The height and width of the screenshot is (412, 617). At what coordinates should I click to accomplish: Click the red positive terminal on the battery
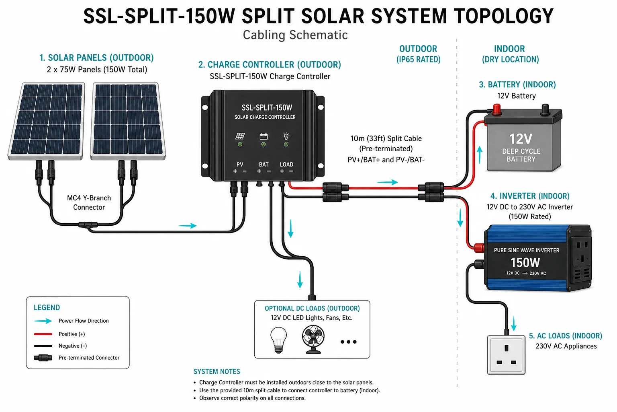pyautogui.click(x=496, y=109)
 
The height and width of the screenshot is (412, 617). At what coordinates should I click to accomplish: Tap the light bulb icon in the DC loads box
pyautogui.click(x=278, y=340)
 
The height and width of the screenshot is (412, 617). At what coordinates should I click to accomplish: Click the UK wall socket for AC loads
pyautogui.click(x=506, y=354)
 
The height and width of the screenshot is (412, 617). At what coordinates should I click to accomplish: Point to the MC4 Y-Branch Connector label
pyautogui.click(x=89, y=202)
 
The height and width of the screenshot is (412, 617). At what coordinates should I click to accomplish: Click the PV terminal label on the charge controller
pyautogui.click(x=240, y=165)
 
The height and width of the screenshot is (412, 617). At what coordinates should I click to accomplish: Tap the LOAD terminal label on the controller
pyautogui.click(x=286, y=165)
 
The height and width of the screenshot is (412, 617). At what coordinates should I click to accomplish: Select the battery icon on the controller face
pyautogui.click(x=264, y=136)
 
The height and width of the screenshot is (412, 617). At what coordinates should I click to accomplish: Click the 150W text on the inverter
pyautogui.click(x=525, y=262)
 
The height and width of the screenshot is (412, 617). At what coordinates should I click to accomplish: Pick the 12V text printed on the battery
pyautogui.click(x=521, y=139)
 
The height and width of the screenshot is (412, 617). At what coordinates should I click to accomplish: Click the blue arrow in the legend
pyautogui.click(x=43, y=321)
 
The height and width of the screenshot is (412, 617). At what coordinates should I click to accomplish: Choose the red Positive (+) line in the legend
pyautogui.click(x=43, y=334)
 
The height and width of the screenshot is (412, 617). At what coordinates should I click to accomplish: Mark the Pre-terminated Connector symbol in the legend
pyautogui.click(x=43, y=358)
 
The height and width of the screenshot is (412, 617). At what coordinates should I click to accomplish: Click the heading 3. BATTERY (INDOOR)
pyautogui.click(x=517, y=84)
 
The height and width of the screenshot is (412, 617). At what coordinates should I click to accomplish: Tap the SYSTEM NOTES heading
pyautogui.click(x=217, y=372)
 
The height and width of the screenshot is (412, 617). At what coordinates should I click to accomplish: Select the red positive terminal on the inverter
pyautogui.click(x=479, y=247)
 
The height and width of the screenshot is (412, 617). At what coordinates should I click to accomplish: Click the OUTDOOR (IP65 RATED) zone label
pyautogui.click(x=419, y=54)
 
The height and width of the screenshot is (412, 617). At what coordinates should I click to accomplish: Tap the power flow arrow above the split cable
pyautogui.click(x=388, y=182)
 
